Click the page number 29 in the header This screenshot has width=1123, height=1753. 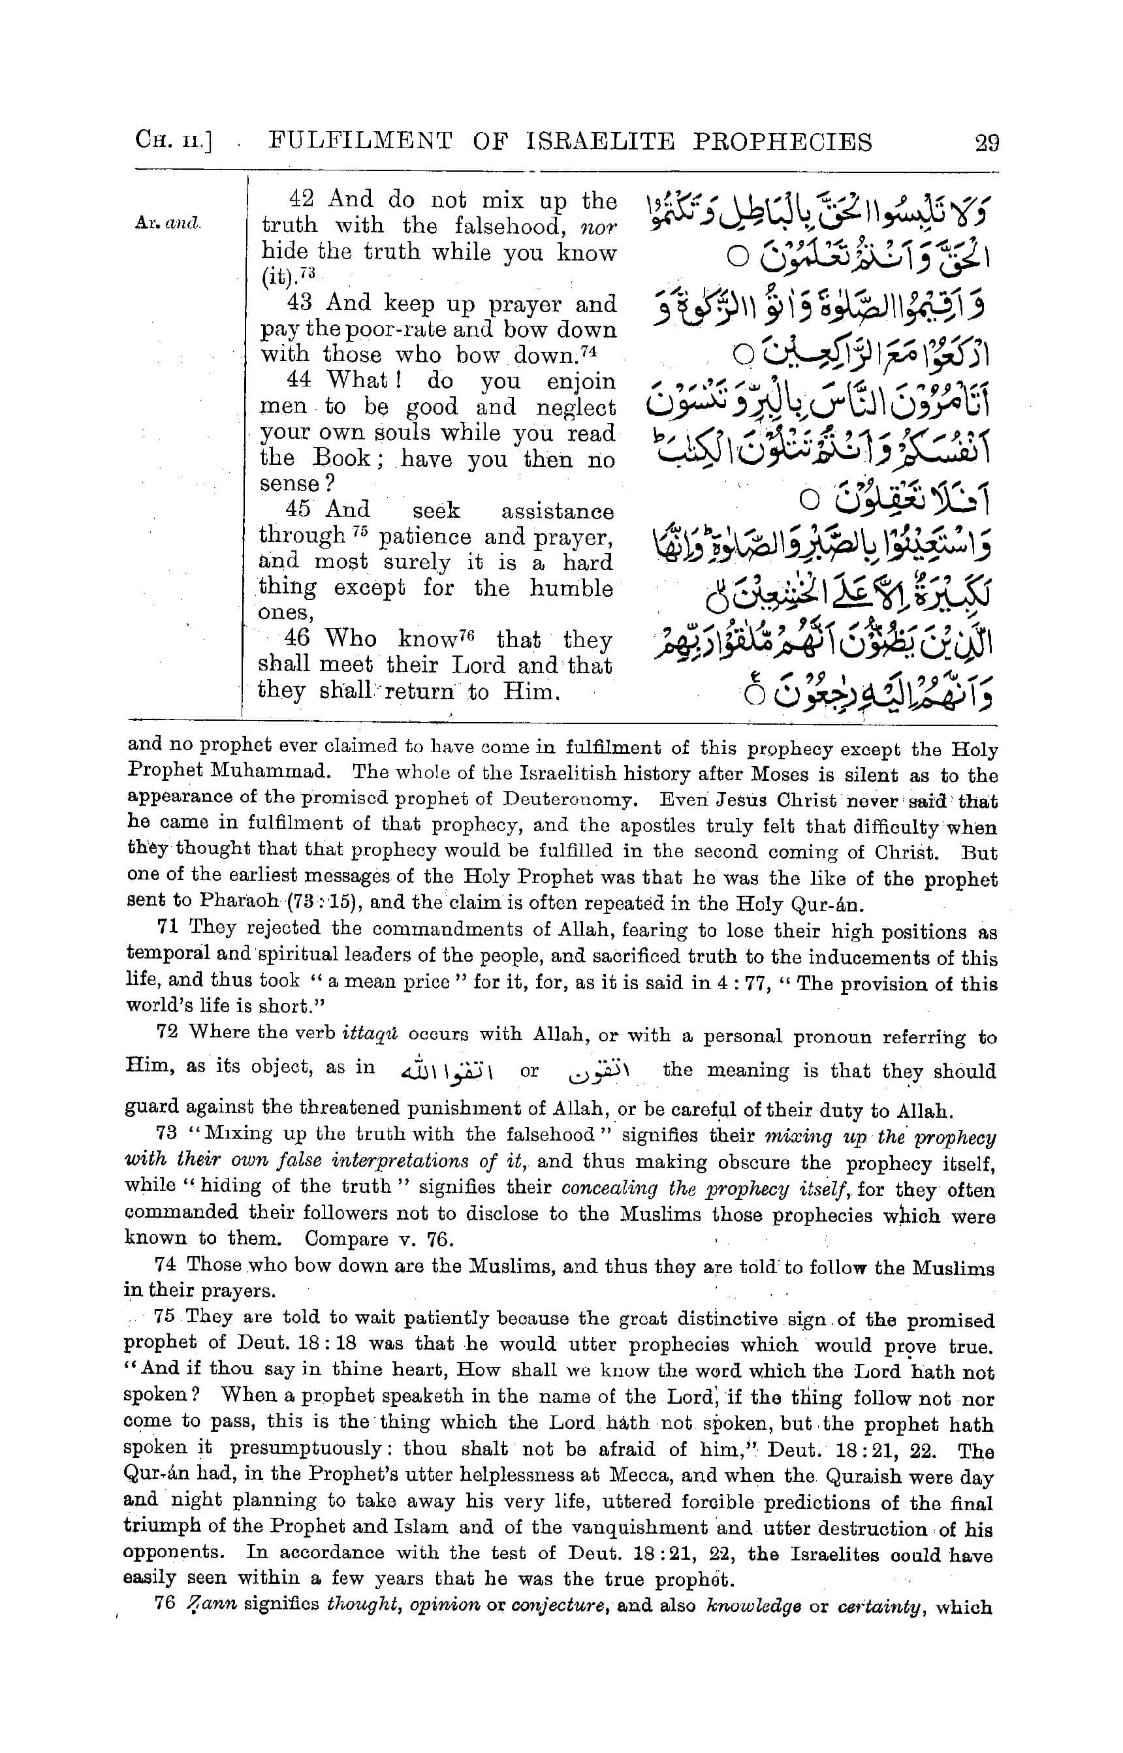pyautogui.click(x=986, y=142)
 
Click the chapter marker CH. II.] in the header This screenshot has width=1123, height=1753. pyautogui.click(x=174, y=141)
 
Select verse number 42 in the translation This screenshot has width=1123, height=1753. pyautogui.click(x=300, y=199)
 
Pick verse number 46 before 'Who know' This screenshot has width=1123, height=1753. pyautogui.click(x=298, y=639)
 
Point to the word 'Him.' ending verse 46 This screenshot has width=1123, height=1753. pyautogui.click(x=531, y=691)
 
